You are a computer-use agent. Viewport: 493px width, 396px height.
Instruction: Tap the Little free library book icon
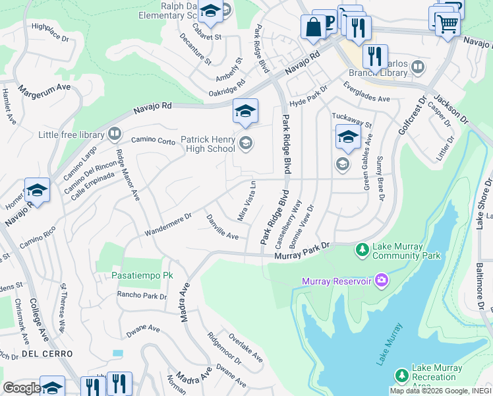point(115,135)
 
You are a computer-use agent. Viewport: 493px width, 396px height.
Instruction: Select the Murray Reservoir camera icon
point(381,282)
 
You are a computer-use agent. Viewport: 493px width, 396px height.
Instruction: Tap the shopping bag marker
point(312,27)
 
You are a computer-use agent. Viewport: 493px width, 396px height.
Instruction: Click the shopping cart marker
point(448,24)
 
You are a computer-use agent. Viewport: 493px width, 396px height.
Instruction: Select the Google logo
point(22,388)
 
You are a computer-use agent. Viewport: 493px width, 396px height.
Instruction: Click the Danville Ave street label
point(221,226)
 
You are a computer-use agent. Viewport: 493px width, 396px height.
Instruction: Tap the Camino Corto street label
point(153,141)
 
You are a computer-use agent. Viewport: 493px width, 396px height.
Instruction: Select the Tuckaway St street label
point(352,119)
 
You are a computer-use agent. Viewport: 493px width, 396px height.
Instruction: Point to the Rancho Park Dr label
point(142,296)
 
